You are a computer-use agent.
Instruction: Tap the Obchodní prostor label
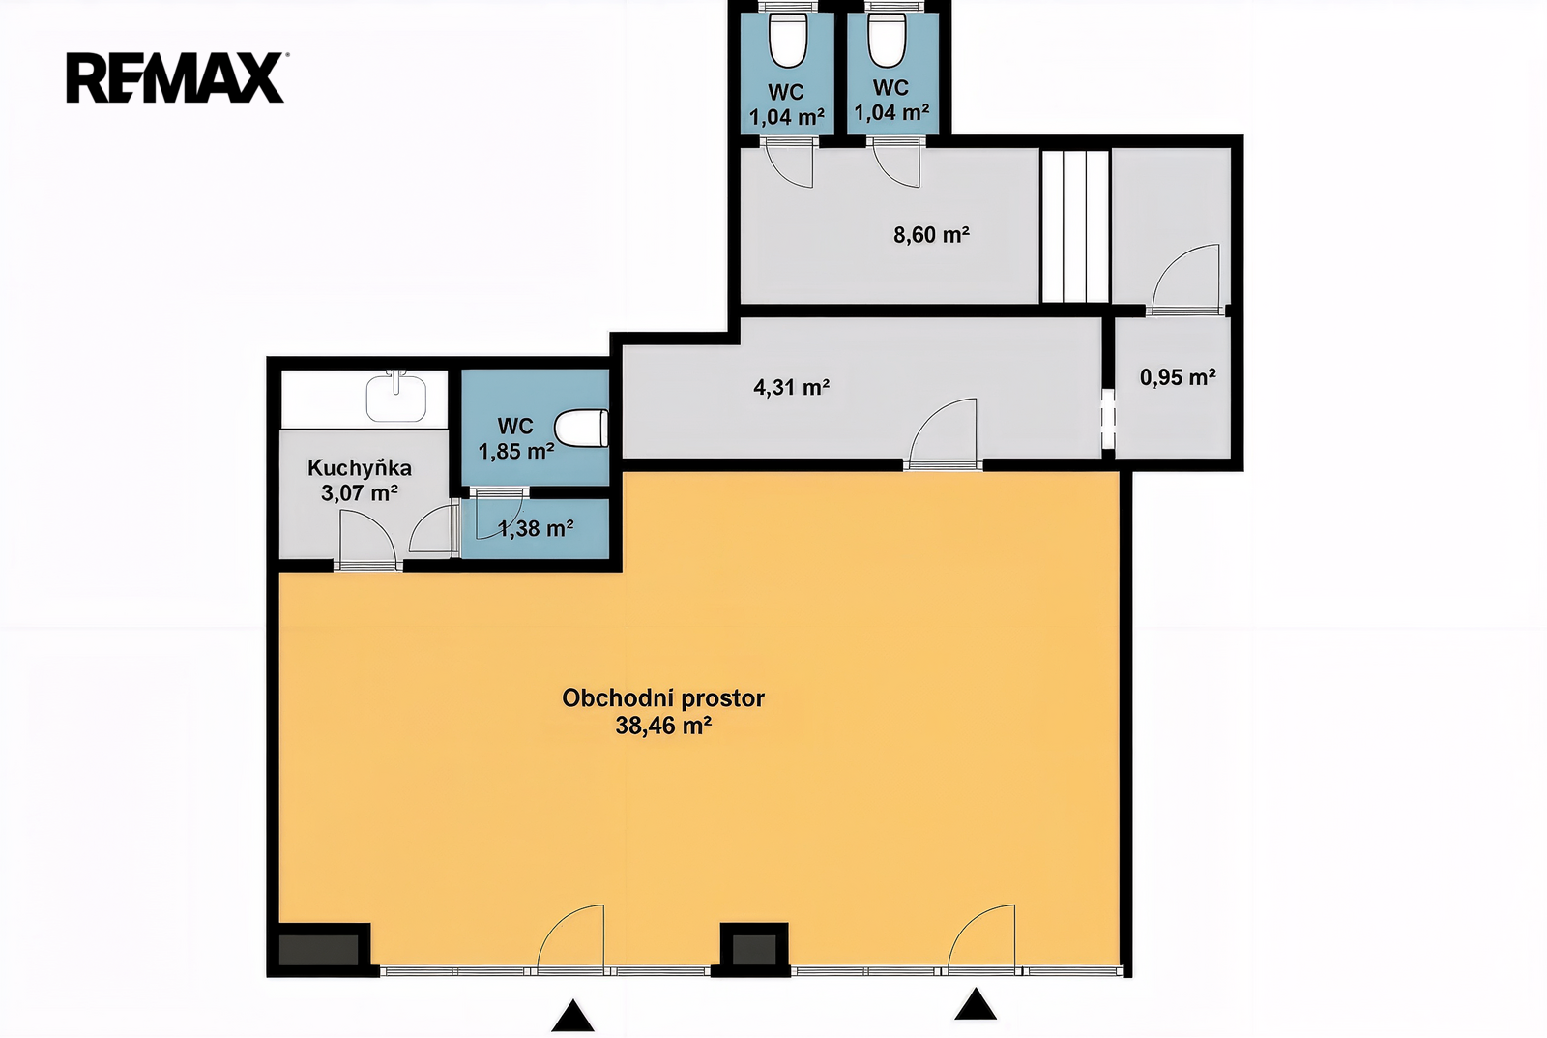(663, 698)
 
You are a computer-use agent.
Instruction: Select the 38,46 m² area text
(663, 727)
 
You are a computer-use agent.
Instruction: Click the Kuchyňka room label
(359, 468)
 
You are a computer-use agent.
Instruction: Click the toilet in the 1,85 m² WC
(581, 430)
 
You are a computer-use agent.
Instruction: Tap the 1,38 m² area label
(536, 529)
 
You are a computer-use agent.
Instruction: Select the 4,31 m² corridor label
(791, 387)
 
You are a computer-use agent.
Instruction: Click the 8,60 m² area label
(931, 235)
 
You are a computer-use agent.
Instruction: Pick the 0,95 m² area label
(1178, 377)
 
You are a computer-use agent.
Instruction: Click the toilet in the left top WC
(788, 41)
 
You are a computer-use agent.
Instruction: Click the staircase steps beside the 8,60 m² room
(1074, 226)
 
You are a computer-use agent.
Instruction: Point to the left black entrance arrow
(572, 1018)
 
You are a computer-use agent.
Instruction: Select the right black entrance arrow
(976, 1005)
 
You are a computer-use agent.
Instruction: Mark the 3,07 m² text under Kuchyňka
(359, 493)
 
